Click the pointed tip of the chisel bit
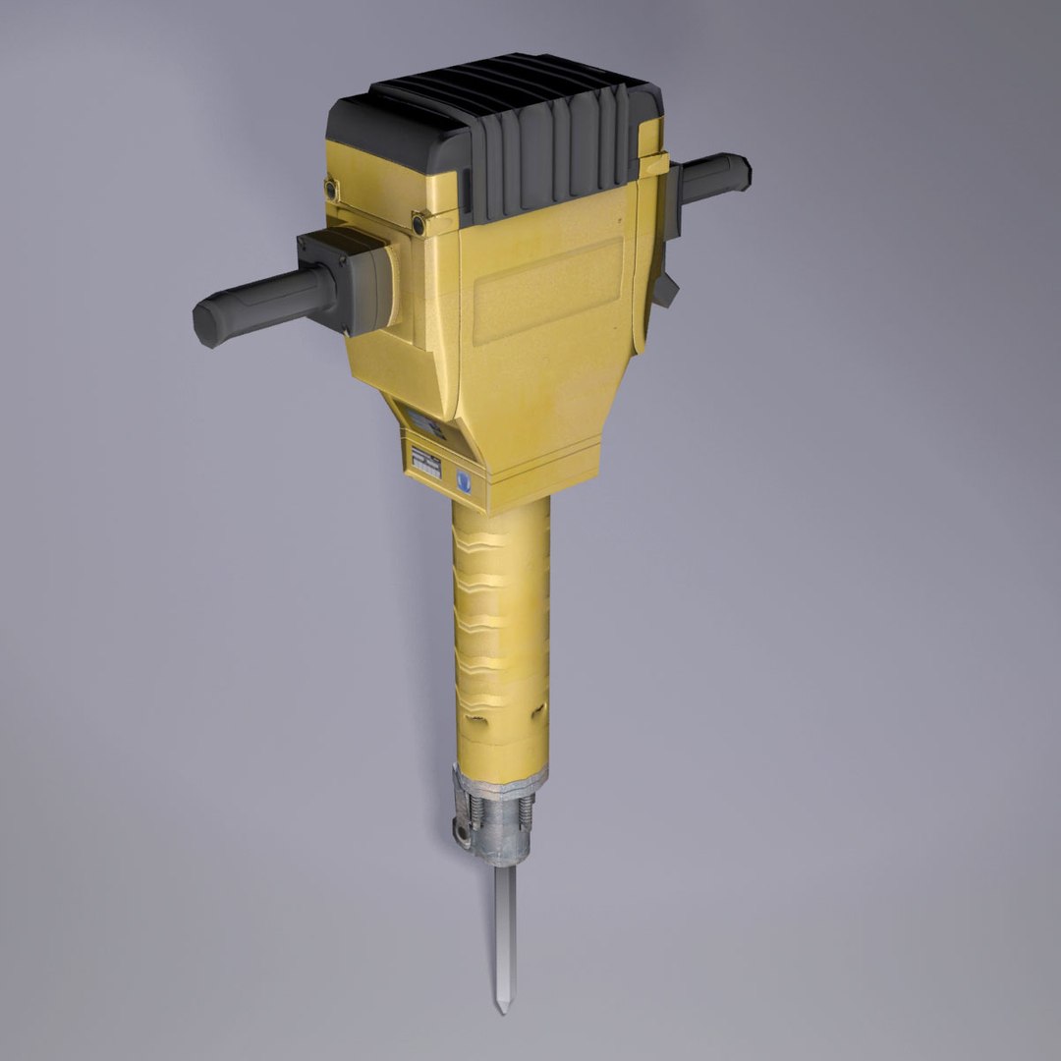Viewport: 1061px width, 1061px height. click(502, 1009)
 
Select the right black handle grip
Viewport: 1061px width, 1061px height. click(713, 178)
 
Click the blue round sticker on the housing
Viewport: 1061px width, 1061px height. click(466, 481)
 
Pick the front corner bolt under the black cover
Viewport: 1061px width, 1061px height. click(419, 225)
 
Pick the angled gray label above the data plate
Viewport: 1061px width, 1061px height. click(427, 425)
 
